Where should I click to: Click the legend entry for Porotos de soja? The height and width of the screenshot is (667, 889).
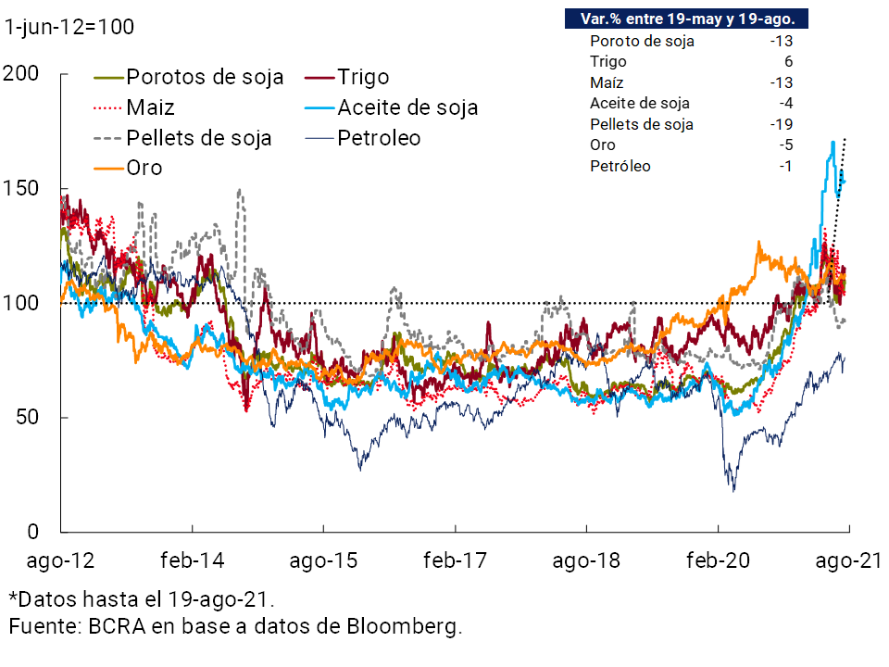(x=204, y=77)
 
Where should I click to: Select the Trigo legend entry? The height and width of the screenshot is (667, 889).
(x=363, y=77)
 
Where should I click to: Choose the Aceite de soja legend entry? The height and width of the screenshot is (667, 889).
(x=407, y=107)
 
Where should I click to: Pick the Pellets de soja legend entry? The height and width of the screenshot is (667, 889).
(x=199, y=138)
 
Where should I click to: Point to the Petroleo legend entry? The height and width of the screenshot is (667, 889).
(x=379, y=138)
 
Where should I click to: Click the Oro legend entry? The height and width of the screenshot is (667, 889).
(x=144, y=168)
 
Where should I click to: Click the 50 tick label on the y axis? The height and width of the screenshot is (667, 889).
(x=28, y=418)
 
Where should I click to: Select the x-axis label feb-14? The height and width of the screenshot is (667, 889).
(x=193, y=560)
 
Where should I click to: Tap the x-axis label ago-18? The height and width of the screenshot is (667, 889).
(x=586, y=560)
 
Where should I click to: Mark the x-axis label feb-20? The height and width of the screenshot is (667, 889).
(x=718, y=560)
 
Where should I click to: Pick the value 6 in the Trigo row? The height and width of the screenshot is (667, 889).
(x=788, y=61)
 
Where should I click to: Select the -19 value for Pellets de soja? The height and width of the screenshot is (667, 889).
(x=784, y=124)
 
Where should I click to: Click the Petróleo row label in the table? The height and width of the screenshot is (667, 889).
(x=620, y=167)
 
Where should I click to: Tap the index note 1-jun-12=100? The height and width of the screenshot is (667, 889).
(x=69, y=27)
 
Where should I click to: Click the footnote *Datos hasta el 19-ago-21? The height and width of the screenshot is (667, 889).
(x=141, y=598)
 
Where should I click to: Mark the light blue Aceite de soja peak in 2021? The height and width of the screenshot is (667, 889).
(x=833, y=142)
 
